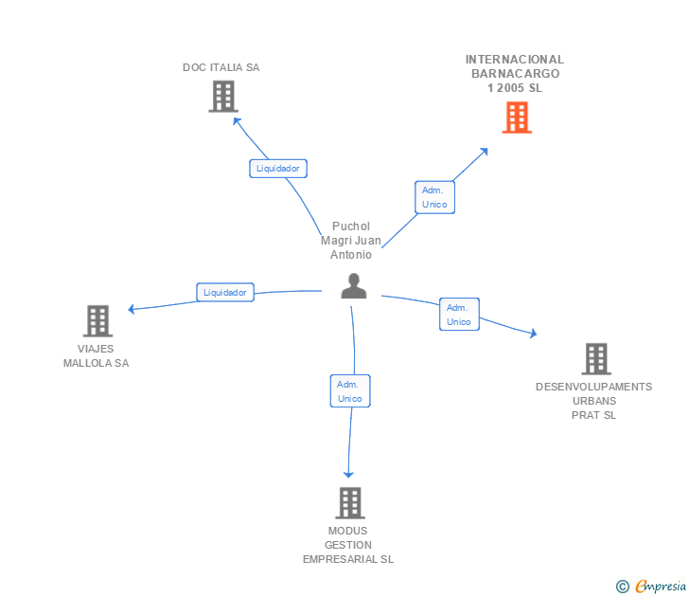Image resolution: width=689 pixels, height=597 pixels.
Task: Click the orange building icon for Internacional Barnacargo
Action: [x=517, y=118]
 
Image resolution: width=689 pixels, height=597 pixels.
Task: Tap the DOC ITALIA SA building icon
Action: [x=222, y=97]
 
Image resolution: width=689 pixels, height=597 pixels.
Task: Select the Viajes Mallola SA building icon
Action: [x=97, y=321]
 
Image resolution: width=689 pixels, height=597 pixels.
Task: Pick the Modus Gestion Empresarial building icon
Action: [x=350, y=502]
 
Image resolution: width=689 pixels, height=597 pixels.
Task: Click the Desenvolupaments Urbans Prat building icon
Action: [x=595, y=359]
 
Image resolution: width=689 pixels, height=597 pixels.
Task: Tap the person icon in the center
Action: [x=354, y=286]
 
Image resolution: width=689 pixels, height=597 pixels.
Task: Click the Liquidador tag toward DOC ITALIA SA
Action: [x=278, y=169]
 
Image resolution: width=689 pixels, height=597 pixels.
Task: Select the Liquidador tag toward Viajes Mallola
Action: [x=225, y=292]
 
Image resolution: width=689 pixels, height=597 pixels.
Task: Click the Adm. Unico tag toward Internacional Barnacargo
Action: [x=434, y=197]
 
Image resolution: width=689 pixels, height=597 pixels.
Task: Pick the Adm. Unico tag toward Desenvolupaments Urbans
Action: [x=459, y=315]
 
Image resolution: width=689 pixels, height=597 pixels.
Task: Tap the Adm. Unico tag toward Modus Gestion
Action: [x=350, y=391]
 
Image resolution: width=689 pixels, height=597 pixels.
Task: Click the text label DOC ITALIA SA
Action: [x=221, y=67]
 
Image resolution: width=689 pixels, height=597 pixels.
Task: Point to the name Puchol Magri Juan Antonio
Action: [x=351, y=241]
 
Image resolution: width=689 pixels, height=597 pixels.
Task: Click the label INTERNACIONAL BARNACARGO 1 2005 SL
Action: [x=515, y=74]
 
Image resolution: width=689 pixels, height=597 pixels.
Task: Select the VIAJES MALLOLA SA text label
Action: [x=96, y=355]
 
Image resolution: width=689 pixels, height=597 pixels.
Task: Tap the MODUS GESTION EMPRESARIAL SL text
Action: [x=348, y=545]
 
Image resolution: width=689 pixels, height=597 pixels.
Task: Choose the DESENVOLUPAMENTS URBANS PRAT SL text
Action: [x=594, y=401]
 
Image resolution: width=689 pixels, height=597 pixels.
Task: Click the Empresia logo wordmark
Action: [x=661, y=587]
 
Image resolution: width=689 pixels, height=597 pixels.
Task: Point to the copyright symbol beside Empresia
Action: [x=623, y=587]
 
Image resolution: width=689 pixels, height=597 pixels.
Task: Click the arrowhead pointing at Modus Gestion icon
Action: [x=348, y=473]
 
